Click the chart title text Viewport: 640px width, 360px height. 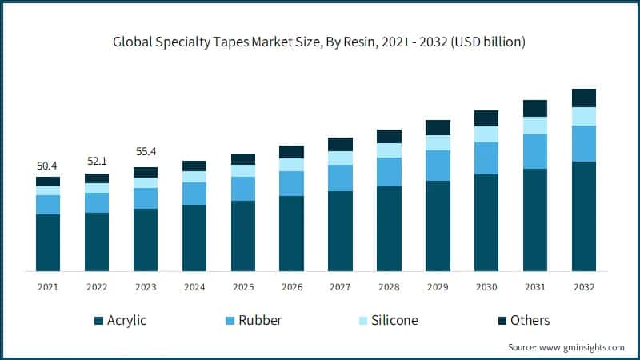[x=320, y=42]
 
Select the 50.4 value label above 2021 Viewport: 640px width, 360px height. [x=48, y=166]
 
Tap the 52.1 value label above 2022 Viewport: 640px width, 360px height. [x=97, y=162]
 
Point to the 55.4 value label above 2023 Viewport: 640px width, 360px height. [x=146, y=150]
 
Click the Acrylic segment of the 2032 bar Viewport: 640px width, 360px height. [x=584, y=216]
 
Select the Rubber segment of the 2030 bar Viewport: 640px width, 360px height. [x=486, y=158]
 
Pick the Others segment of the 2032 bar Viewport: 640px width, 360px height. [x=584, y=98]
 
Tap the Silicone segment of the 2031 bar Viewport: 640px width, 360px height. [x=535, y=126]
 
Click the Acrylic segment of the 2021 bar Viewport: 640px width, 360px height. [x=48, y=242]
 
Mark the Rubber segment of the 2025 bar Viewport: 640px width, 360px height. [x=243, y=189]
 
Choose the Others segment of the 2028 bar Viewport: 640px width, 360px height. [x=389, y=136]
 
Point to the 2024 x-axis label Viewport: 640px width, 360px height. [x=194, y=286]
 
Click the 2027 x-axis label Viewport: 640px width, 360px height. [x=340, y=286]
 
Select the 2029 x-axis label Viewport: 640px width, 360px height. [x=438, y=286]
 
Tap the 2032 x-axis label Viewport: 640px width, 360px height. [x=584, y=286]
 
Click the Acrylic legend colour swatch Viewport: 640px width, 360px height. [x=98, y=321]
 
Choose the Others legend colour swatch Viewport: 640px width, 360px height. [x=502, y=321]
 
